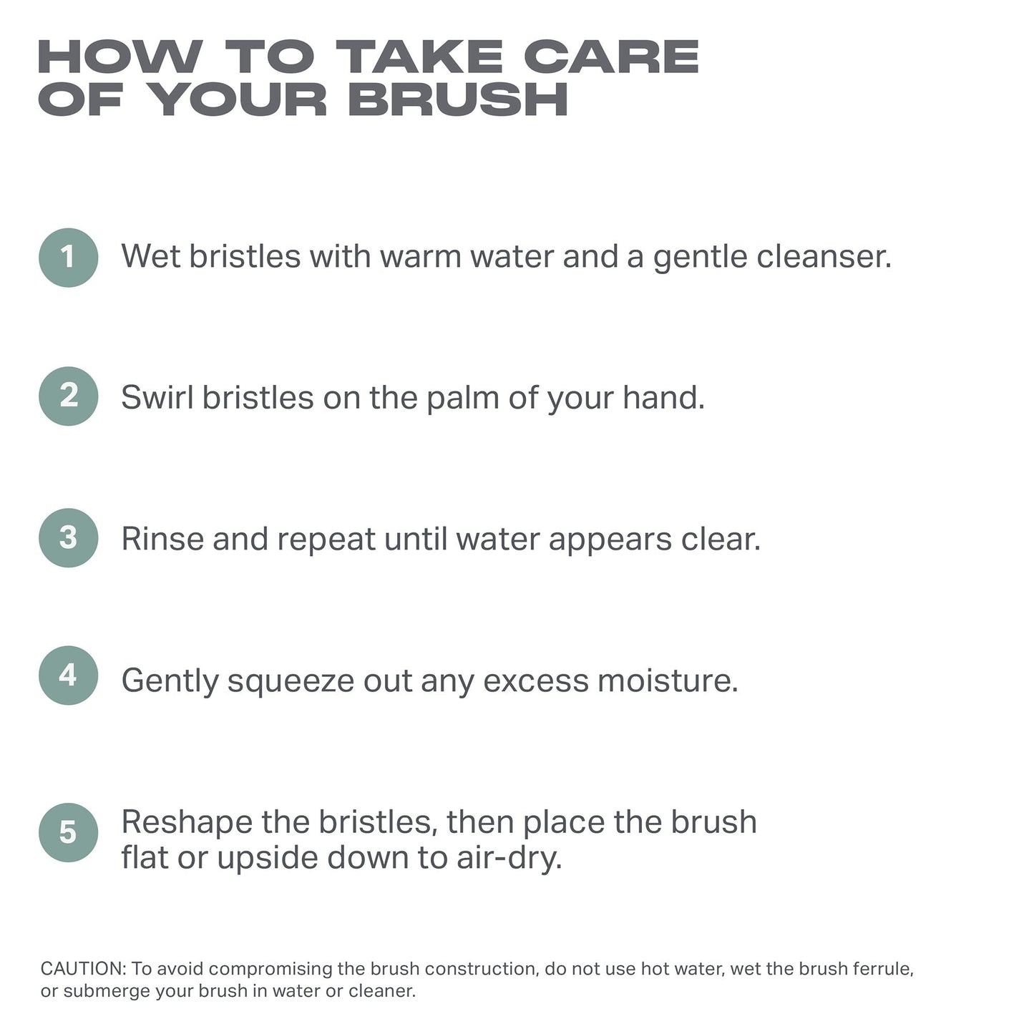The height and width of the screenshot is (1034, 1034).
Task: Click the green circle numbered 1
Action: [68, 257]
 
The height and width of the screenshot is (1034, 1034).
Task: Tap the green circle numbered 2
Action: [68, 396]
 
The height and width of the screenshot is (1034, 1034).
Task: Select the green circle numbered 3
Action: [68, 537]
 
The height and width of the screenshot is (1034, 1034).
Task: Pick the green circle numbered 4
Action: [68, 675]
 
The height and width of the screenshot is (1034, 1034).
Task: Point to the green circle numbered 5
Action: [68, 832]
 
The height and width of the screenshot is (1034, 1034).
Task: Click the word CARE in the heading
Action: [612, 57]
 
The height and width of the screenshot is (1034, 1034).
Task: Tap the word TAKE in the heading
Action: [419, 57]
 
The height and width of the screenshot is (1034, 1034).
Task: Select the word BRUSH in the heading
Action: [458, 99]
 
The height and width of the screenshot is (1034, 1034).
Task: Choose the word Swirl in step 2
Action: [157, 398]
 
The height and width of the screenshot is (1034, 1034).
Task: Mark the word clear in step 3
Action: [721, 539]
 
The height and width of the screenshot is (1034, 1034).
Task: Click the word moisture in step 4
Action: [668, 681]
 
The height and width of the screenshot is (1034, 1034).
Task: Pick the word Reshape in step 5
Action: [187, 823]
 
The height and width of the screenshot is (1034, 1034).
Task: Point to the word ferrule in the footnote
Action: [884, 969]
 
